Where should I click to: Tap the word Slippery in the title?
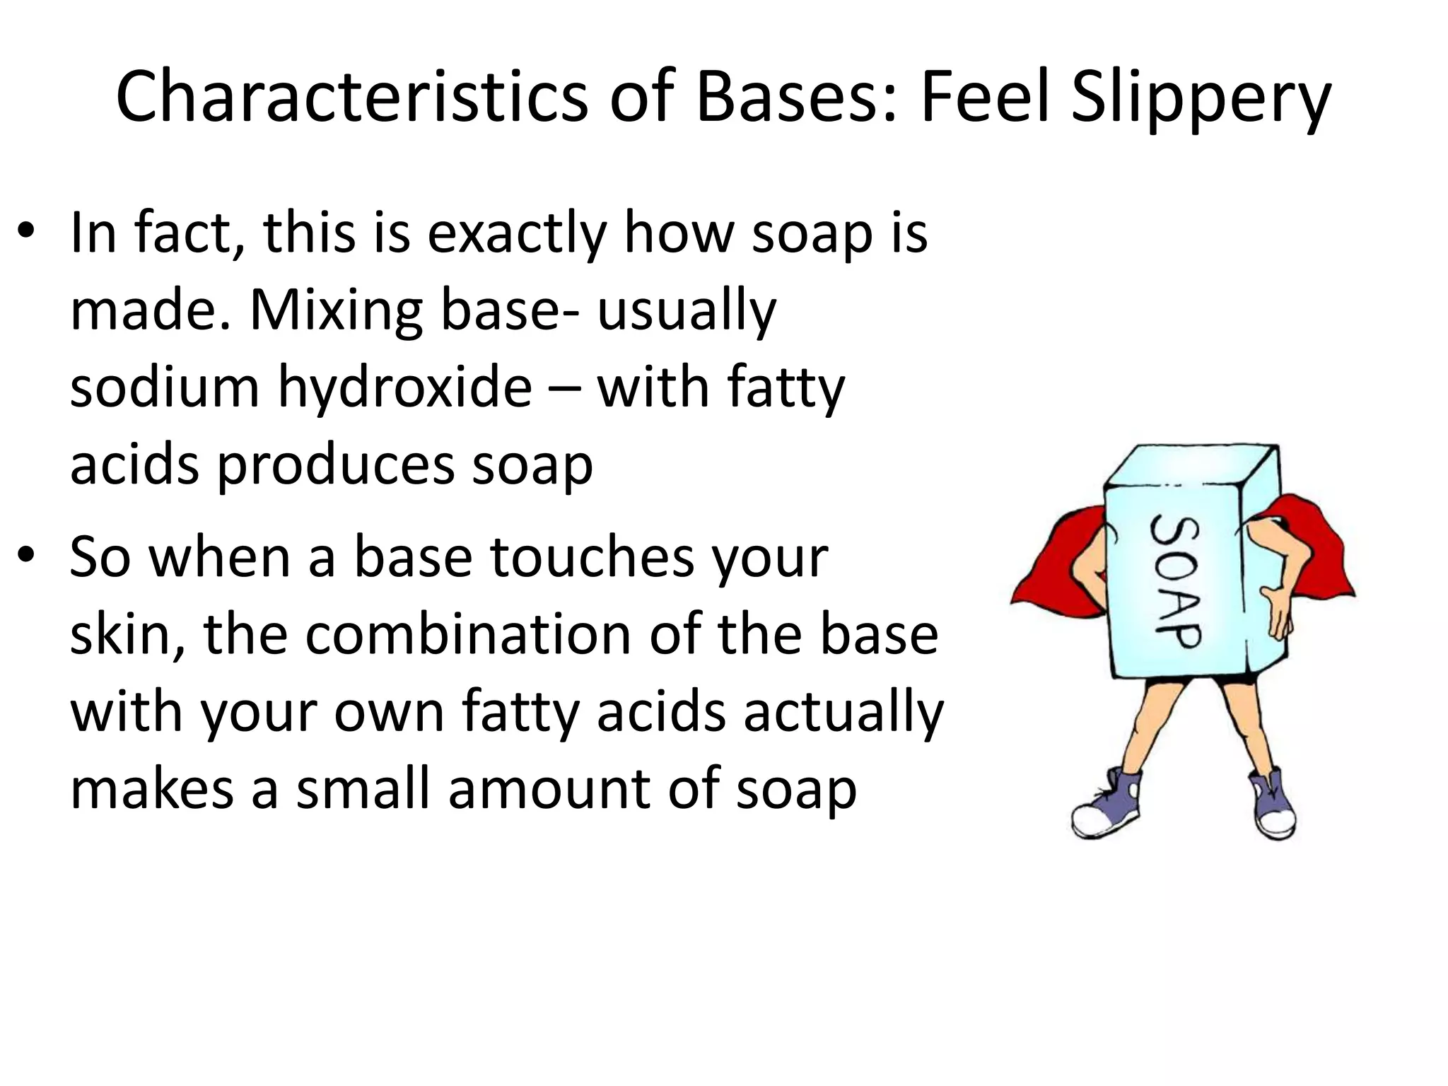point(1201,97)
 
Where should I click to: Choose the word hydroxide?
point(404,387)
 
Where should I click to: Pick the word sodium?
point(165,387)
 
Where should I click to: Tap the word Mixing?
point(337,311)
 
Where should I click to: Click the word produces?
point(335,467)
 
